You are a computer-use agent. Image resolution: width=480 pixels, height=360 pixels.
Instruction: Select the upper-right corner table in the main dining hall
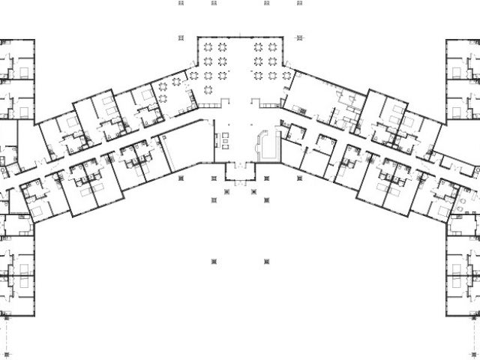click(273, 46)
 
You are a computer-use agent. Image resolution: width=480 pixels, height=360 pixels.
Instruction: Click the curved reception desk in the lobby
click(263, 142)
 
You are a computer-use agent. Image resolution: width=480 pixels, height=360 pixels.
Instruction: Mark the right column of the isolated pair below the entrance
click(266, 260)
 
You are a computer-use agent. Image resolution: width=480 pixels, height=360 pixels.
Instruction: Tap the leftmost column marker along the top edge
click(181, 2)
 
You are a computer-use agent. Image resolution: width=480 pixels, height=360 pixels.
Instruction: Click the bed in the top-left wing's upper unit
click(25, 71)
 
